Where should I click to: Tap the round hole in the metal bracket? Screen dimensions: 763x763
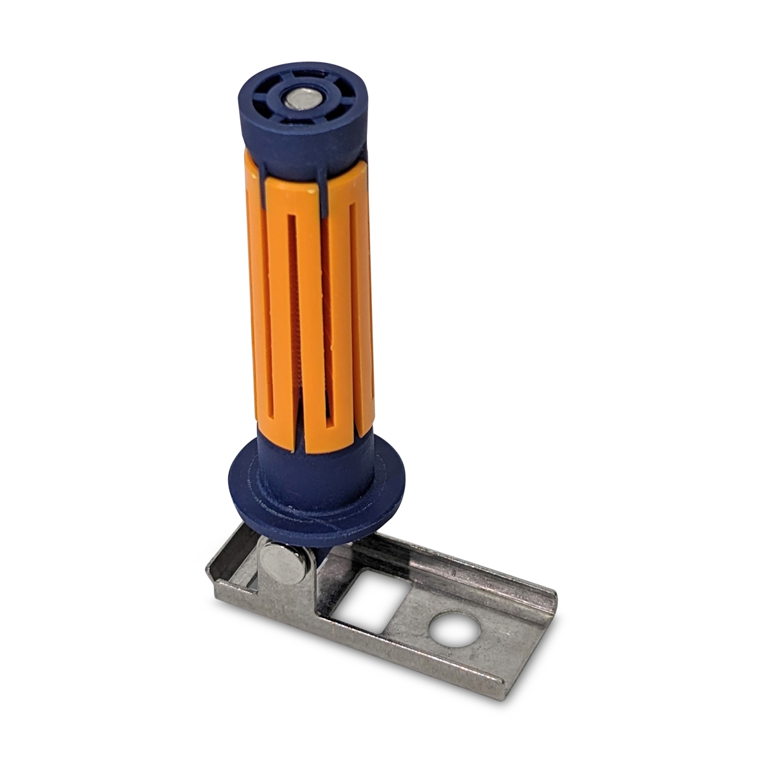click(452, 626)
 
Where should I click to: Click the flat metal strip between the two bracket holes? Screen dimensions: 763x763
click(407, 610)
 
